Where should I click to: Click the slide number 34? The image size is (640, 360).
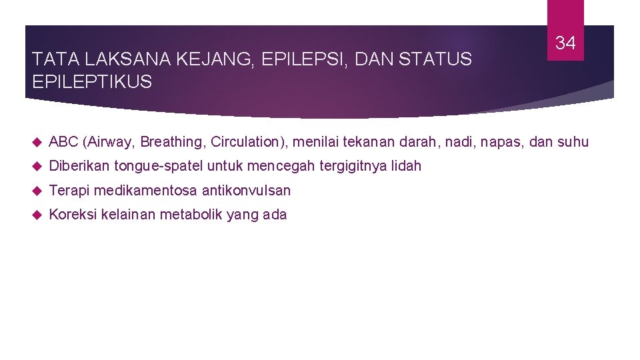click(565, 44)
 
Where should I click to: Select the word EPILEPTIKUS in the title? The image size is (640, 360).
click(92, 83)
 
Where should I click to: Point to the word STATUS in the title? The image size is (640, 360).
click(437, 60)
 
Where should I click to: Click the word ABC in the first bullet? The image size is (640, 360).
click(63, 142)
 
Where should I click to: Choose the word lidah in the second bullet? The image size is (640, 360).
click(406, 166)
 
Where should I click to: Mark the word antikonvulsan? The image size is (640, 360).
click(246, 191)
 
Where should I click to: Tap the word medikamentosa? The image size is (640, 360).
click(145, 191)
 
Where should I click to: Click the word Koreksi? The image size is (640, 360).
click(72, 215)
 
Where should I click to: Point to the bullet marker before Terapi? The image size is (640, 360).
click(37, 191)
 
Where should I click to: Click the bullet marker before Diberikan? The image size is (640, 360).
click(37, 166)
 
